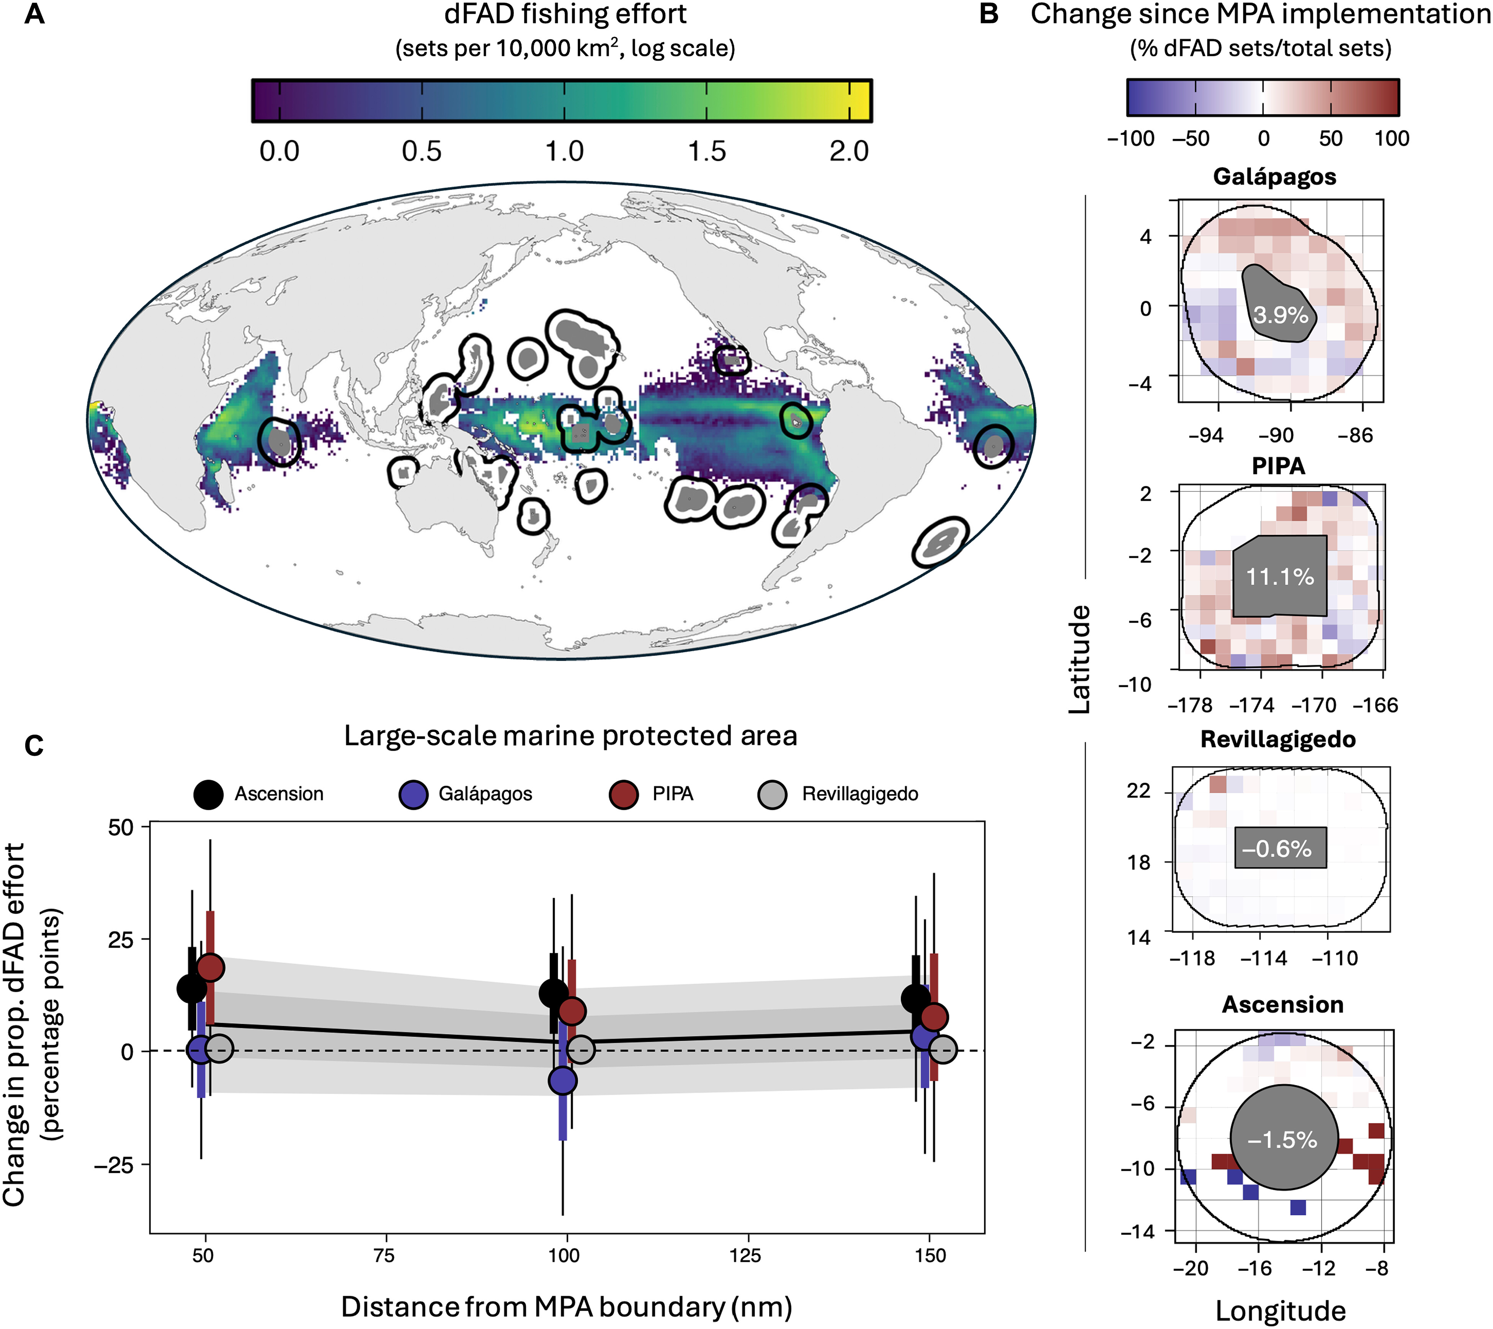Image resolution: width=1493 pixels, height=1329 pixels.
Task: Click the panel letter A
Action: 34,15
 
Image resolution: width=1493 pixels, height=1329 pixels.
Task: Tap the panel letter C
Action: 34,746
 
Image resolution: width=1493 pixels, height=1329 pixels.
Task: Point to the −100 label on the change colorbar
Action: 1131,138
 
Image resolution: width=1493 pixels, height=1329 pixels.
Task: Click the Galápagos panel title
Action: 1275,177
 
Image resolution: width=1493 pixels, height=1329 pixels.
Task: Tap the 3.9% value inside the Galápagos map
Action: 1281,315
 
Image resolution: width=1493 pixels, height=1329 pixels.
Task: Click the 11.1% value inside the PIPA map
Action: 1280,577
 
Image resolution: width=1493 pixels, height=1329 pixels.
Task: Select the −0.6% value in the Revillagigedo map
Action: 1277,849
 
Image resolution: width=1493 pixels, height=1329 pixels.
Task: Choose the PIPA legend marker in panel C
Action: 624,794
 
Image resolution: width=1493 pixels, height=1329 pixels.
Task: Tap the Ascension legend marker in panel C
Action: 209,794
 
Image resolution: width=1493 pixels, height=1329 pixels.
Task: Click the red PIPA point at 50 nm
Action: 211,968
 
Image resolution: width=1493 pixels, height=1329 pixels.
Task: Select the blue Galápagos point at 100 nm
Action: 562,1080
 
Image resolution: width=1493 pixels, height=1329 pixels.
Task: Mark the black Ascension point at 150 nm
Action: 916,999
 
